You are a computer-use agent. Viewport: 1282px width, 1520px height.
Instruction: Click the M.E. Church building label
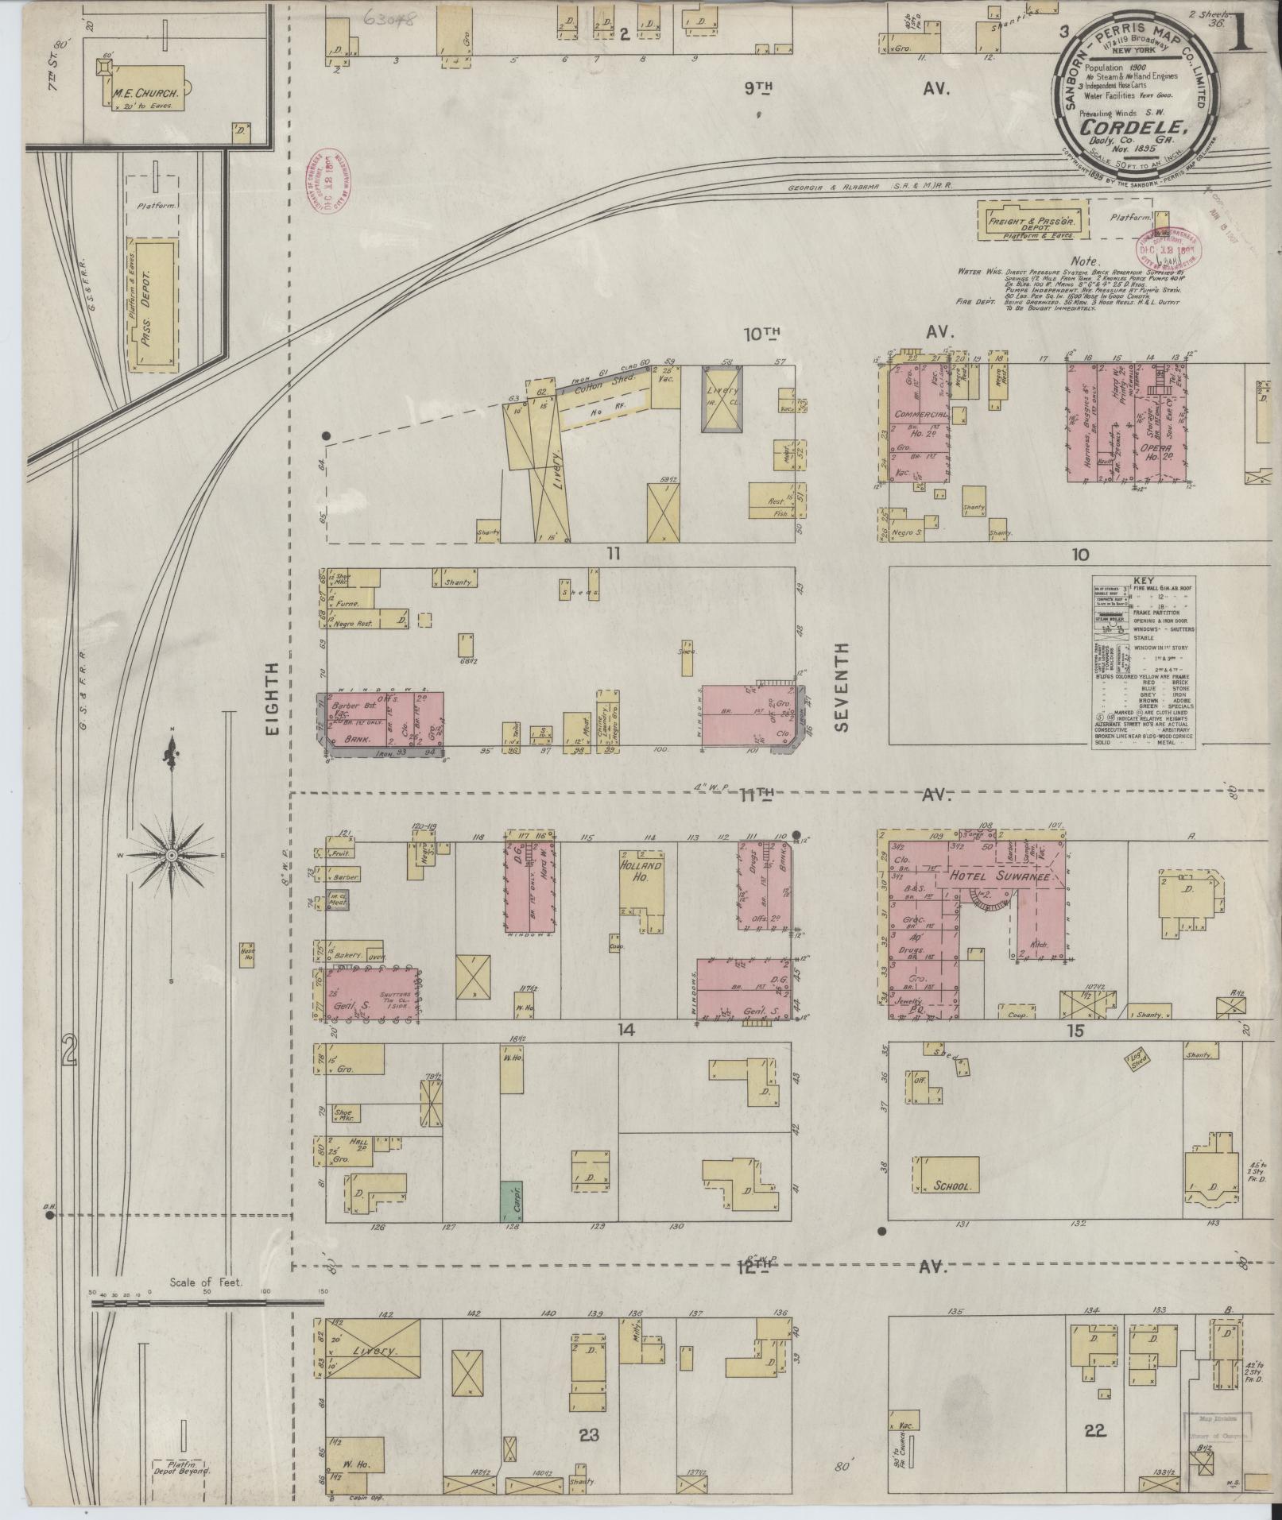148,93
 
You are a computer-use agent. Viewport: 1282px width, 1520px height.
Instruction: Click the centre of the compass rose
172,855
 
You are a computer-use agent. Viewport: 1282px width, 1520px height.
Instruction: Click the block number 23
588,1436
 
